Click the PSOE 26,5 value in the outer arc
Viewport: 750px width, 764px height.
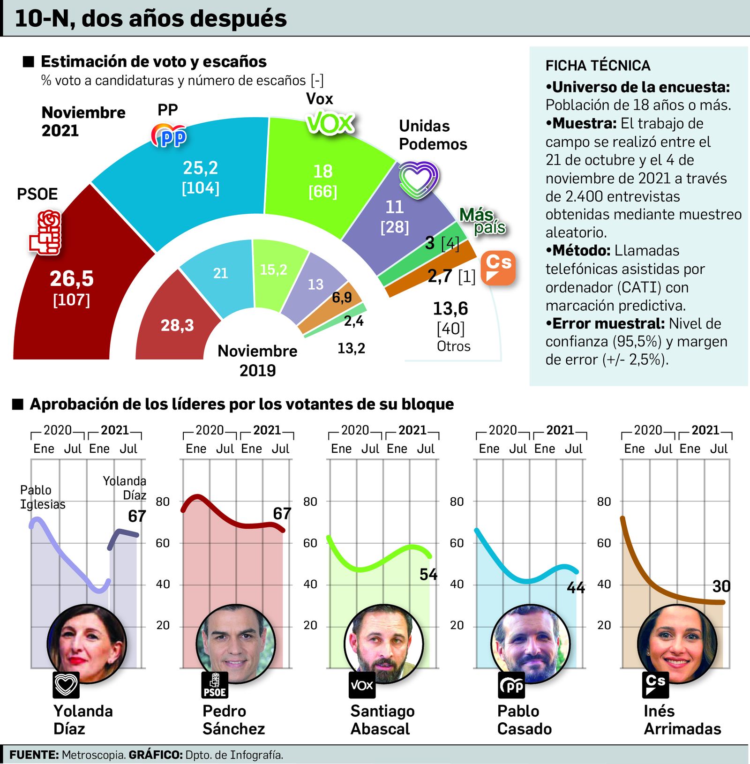click(72, 279)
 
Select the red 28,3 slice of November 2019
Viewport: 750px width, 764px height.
click(177, 325)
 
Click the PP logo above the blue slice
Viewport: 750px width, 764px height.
click(169, 136)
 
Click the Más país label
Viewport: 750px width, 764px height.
click(482, 221)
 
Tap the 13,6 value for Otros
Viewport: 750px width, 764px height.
click(450, 309)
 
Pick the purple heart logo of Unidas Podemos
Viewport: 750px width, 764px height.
click(418, 180)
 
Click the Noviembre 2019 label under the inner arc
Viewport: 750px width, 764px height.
click(257, 360)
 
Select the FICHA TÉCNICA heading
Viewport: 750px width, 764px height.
click(598, 66)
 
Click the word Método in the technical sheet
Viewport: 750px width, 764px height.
click(583, 251)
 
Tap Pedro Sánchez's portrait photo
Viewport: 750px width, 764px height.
click(235, 644)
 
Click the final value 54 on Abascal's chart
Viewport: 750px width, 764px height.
click(428, 575)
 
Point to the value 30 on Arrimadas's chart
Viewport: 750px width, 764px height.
click(721, 586)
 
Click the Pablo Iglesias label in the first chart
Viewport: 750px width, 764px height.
click(42, 497)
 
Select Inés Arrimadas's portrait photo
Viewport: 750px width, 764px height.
click(677, 644)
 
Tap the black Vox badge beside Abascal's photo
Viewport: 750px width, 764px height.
click(362, 685)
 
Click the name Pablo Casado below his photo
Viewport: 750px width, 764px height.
click(524, 720)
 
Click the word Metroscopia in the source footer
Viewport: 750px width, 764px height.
click(94, 755)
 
